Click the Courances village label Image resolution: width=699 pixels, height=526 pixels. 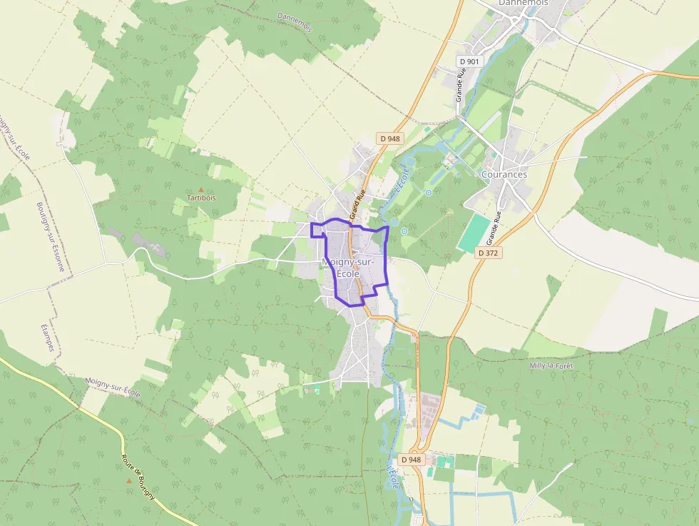[504, 174]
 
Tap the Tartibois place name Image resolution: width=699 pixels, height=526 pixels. [200, 198]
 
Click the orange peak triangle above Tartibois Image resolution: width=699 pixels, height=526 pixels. [200, 189]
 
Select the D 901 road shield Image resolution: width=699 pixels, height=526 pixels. [470, 61]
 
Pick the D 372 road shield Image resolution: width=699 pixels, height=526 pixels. [489, 253]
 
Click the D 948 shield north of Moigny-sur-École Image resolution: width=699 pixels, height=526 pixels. [389, 138]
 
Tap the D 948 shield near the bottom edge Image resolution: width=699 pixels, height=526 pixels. [411, 460]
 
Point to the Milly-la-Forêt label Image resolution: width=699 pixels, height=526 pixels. [551, 365]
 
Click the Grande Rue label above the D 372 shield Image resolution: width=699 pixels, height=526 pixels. [497, 226]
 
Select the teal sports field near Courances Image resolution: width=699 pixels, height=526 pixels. [474, 233]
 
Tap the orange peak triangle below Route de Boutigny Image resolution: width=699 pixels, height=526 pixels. [128, 481]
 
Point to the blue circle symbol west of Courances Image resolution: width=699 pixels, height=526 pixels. [429, 192]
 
